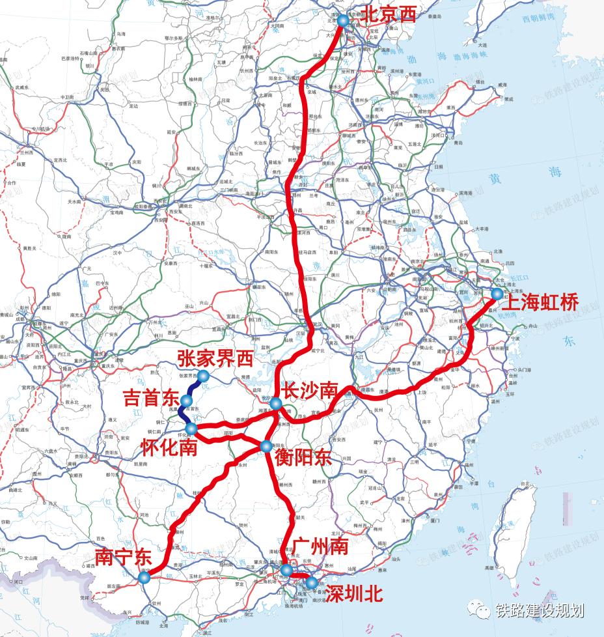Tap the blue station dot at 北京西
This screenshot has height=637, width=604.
click(x=343, y=21)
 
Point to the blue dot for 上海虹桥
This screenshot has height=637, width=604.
click(x=497, y=294)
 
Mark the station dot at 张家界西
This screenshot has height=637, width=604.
click(x=203, y=376)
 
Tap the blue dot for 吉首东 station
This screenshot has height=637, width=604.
click(x=186, y=401)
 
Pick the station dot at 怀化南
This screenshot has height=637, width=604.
click(x=191, y=428)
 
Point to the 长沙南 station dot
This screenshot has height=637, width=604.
click(x=276, y=404)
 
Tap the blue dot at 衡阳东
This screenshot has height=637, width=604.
click(x=266, y=446)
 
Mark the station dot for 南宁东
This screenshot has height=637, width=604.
click(x=144, y=577)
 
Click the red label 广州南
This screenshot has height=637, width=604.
click(x=320, y=546)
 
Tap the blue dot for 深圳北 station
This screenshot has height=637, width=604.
click(x=312, y=583)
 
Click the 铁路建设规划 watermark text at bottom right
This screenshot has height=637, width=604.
click(x=539, y=611)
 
